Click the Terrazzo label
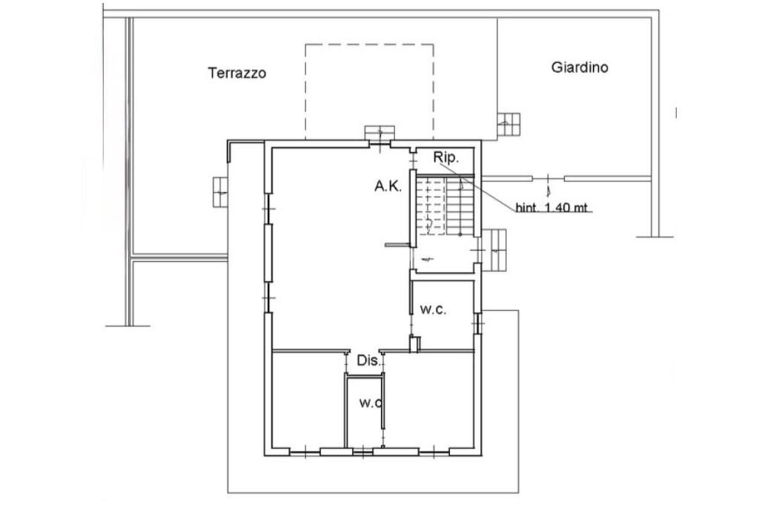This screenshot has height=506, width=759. coord(237,73)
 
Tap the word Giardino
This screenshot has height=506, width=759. coord(580,67)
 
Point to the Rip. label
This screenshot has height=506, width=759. coord(445,157)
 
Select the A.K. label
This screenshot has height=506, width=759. coord(388,186)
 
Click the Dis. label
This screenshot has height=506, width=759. coord(370,361)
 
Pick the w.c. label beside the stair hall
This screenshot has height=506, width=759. coord(433,309)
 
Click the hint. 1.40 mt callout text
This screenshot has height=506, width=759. coord(551,208)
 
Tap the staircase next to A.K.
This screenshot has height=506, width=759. coord(445,206)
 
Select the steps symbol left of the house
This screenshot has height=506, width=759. coord(220,192)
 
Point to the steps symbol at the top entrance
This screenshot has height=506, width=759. coord(379,132)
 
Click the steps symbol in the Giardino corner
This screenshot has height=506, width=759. coord(508,125)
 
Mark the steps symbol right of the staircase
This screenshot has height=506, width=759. coord(494,250)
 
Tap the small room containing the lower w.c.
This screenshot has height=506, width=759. coord(365,412)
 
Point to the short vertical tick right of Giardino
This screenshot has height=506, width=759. coord(676,113)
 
